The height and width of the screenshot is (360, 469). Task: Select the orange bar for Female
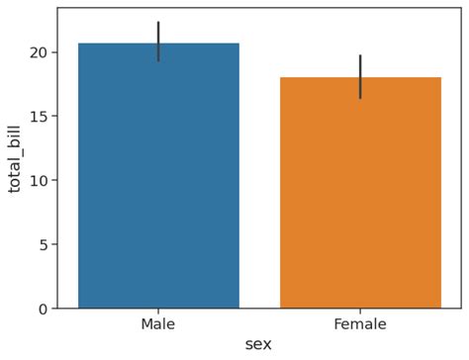(x=360, y=193)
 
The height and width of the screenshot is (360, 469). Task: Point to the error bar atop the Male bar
(x=158, y=41)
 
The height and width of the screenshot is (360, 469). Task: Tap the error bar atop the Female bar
(x=360, y=76)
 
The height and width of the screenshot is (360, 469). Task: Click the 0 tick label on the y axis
(x=42, y=309)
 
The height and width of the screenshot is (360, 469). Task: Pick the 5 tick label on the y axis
(x=42, y=244)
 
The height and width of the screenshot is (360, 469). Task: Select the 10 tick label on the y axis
(x=38, y=180)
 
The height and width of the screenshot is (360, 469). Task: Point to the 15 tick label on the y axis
(x=38, y=116)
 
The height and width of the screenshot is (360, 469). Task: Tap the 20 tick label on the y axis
(x=38, y=51)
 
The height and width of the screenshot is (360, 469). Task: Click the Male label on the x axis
(x=158, y=324)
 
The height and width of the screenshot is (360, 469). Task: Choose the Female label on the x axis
(x=360, y=324)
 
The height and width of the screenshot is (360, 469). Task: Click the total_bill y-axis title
(x=15, y=158)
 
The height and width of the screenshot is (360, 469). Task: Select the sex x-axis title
(x=258, y=344)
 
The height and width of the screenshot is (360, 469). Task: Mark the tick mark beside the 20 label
(x=53, y=51)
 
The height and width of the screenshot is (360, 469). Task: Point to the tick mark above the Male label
(x=158, y=312)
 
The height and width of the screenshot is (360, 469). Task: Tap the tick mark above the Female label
(x=360, y=312)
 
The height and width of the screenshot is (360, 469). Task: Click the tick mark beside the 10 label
(x=53, y=180)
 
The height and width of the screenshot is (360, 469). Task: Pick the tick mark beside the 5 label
(x=53, y=244)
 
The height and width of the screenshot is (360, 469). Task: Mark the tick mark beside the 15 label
(x=53, y=116)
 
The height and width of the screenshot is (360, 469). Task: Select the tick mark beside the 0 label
(x=53, y=309)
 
